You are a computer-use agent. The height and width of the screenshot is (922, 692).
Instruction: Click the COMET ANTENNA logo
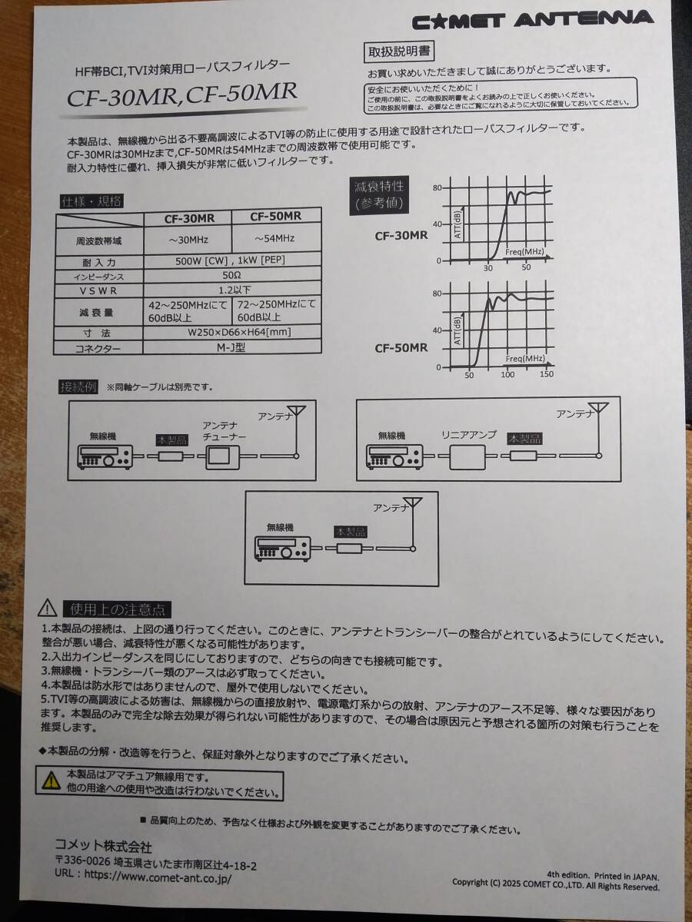click(532, 20)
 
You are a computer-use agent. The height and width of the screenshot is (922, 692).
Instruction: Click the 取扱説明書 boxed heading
click(399, 51)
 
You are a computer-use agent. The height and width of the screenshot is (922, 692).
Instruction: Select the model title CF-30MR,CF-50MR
click(182, 95)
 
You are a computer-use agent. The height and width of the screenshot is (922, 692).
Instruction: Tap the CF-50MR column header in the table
click(275, 216)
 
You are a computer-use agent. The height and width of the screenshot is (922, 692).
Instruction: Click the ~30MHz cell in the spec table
click(188, 240)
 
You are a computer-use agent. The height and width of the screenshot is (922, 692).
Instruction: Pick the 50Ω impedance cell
click(232, 275)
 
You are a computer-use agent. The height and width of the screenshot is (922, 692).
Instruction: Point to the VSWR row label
click(98, 290)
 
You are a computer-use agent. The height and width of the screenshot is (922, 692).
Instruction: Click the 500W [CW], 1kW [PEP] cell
click(230, 260)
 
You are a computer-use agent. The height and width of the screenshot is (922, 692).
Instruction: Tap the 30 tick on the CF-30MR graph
click(487, 267)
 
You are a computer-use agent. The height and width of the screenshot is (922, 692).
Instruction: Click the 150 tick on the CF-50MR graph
click(546, 373)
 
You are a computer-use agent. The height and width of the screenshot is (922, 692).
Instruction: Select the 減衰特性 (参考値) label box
click(379, 195)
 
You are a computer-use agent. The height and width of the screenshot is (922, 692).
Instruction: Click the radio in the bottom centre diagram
click(283, 549)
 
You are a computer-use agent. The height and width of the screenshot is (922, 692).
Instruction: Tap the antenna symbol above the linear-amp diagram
click(598, 429)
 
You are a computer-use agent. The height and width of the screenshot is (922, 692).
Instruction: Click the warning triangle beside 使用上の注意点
click(48, 609)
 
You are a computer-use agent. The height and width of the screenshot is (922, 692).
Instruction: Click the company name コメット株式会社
click(103, 847)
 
